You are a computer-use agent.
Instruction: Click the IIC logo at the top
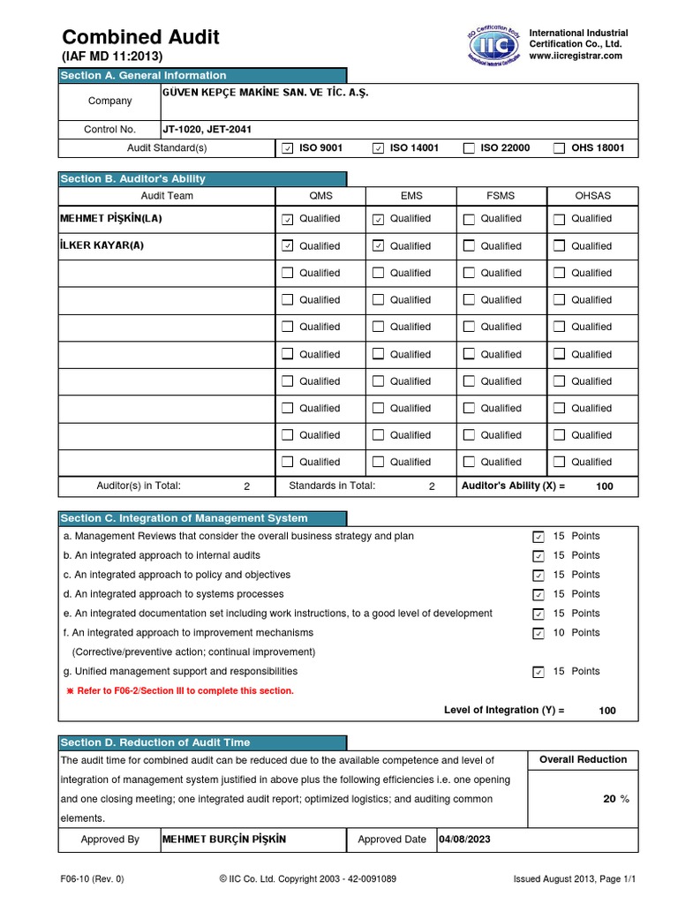(493, 44)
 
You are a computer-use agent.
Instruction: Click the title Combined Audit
(140, 37)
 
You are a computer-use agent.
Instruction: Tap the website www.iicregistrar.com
(575, 56)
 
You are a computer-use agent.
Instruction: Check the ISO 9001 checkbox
(287, 148)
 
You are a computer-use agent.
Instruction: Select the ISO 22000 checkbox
(469, 148)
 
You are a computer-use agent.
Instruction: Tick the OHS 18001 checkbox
(559, 148)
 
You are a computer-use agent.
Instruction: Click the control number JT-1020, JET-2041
(207, 130)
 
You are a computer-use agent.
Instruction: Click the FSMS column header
(501, 196)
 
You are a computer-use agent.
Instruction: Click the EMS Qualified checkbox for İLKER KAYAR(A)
(378, 245)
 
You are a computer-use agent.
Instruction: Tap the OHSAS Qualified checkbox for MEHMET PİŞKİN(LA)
(559, 219)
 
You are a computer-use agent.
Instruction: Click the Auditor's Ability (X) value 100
(604, 486)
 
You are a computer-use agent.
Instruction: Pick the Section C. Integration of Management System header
(184, 518)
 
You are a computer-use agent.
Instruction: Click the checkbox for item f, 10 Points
(539, 633)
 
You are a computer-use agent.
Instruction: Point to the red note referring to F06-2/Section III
(180, 690)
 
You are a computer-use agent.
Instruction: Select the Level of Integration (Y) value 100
(607, 711)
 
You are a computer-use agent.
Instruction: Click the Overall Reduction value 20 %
(615, 799)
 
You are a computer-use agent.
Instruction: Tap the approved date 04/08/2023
(464, 840)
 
